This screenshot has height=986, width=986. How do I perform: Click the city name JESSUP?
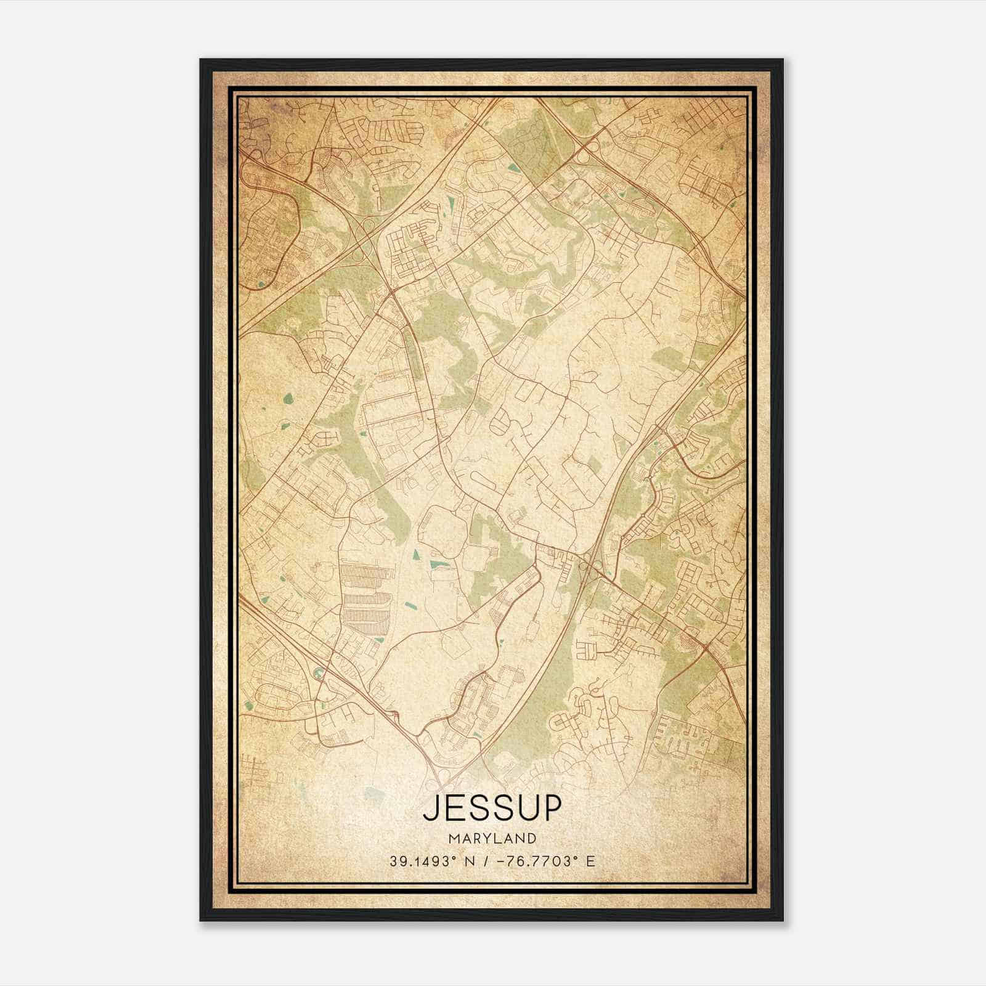coord(492,808)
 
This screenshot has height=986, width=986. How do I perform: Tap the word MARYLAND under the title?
coord(492,838)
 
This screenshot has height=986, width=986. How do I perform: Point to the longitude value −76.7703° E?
coord(540,861)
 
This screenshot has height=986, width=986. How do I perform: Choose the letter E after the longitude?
coord(591,861)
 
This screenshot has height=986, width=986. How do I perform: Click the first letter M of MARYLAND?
coord(453,838)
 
